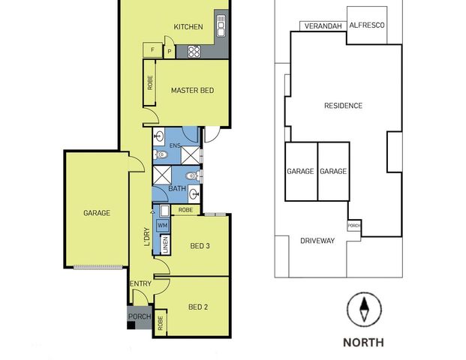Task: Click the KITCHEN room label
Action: tap(188, 27)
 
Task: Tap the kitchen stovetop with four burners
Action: tap(194, 52)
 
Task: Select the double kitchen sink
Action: tap(221, 26)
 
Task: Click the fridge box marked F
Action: tap(153, 50)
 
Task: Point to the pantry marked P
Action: tap(170, 52)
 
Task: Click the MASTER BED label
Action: tap(192, 90)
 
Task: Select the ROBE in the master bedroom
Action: tap(150, 82)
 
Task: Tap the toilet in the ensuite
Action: tap(161, 154)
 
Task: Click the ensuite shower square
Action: tap(191, 155)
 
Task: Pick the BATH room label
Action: tap(177, 188)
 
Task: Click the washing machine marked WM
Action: tap(162, 226)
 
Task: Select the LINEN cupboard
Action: tap(165, 244)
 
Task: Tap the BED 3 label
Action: tap(200, 246)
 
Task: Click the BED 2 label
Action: tap(198, 307)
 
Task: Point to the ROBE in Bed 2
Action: tap(161, 322)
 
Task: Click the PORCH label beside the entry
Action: tap(140, 316)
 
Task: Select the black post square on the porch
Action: tap(131, 325)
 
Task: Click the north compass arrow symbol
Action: tap(364, 310)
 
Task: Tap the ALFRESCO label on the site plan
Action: tap(367, 25)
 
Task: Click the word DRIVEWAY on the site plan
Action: tap(317, 241)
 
